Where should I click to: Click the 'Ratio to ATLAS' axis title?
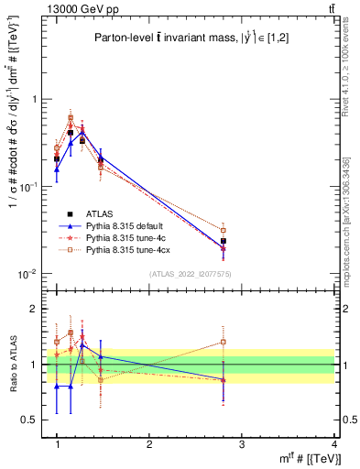[12, 365]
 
